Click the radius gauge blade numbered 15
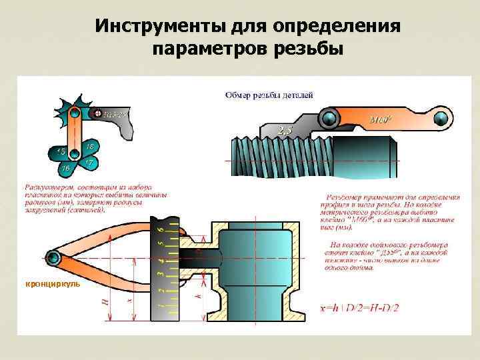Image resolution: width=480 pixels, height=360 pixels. [x=61, y=152]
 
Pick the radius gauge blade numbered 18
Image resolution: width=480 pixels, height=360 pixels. [x=89, y=146]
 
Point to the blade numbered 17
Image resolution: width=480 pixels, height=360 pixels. [x=88, y=162]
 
